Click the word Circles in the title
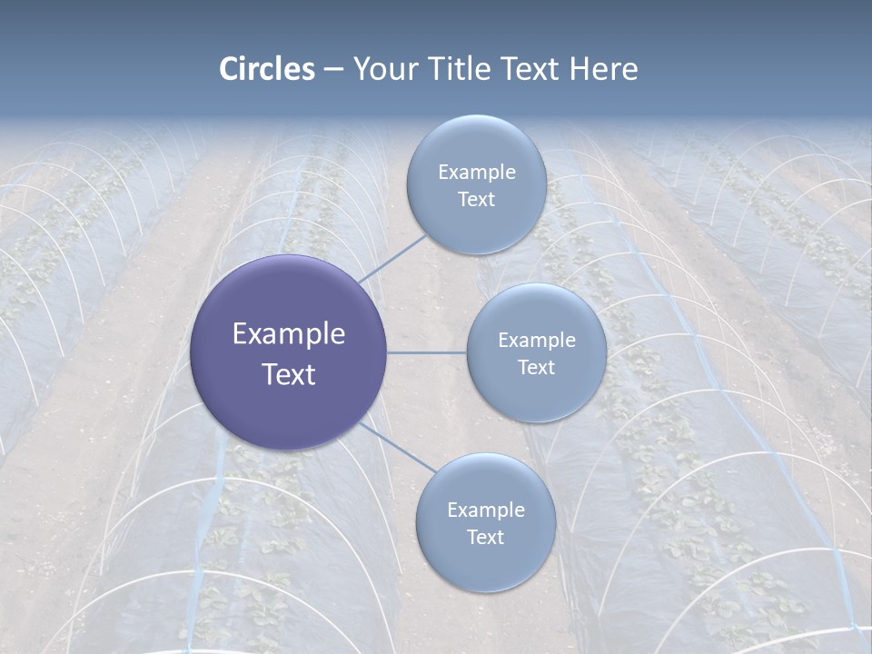pos(267,69)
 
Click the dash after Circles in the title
pos(333,70)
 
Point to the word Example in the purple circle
pos(288,334)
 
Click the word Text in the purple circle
pos(288,374)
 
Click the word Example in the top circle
pos(476,172)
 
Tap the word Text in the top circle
pos(476,200)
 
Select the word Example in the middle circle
pos(536,340)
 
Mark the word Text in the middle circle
pos(536,368)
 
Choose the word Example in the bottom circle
pos(485,510)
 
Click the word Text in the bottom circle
pos(485,538)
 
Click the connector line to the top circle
pos(392,259)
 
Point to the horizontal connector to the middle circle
pos(427,352)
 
